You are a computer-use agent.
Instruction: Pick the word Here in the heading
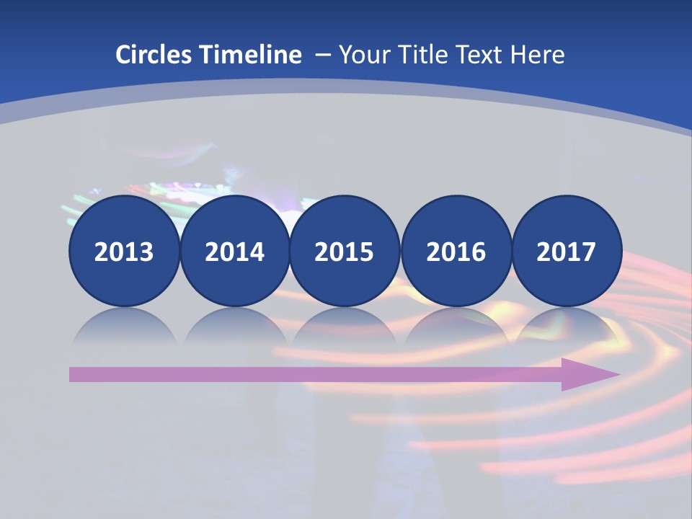538,55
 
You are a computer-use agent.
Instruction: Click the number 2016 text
456,252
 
